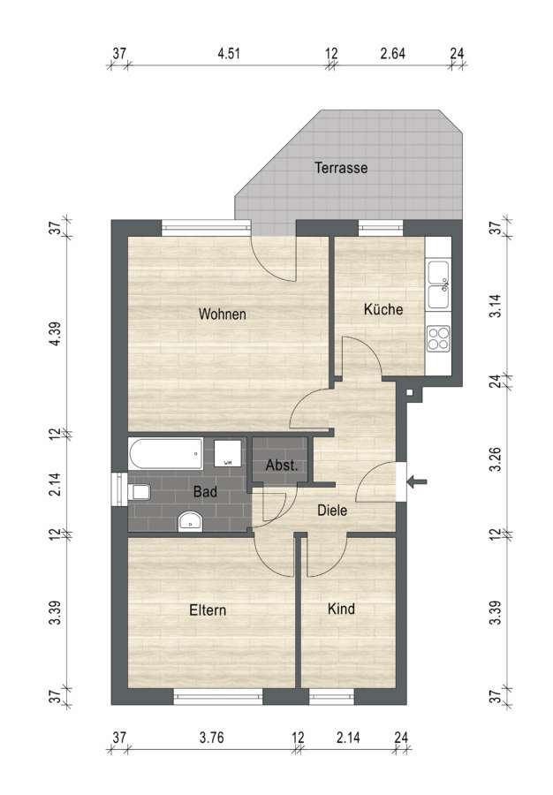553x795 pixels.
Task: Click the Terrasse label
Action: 341,167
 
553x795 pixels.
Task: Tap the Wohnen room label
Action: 222,314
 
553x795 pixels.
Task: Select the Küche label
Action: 383,309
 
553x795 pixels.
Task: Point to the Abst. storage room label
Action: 281,465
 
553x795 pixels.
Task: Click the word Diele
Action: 332,510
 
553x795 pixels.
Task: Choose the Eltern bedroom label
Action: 208,609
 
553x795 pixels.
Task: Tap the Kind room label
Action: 341,609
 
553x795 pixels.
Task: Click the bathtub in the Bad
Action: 166,454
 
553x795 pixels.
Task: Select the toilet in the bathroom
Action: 140,492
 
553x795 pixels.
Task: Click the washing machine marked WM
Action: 227,453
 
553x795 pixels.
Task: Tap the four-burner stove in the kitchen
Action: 438,338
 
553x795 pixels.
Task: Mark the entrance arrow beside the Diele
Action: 418,481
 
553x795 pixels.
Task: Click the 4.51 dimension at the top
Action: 229,53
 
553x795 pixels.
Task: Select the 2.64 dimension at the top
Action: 393,53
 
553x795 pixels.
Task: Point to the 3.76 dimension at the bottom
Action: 211,737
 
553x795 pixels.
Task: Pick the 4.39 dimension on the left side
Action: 56,333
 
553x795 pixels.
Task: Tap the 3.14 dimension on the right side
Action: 496,306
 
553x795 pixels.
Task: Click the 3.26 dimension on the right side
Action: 496,458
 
